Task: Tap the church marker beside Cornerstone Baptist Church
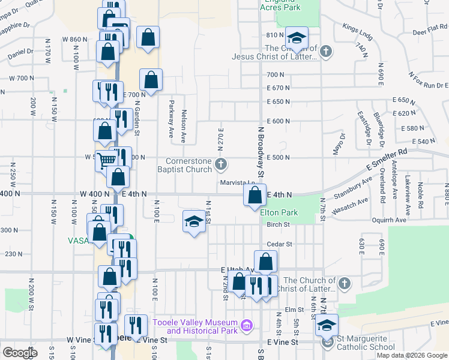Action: (x=221, y=164)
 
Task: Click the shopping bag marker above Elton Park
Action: (x=255, y=194)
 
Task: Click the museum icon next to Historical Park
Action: (x=246, y=326)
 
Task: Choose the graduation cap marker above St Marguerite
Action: (x=327, y=325)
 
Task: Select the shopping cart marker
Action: (x=106, y=160)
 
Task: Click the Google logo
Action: (x=19, y=353)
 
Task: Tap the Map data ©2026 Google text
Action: (x=412, y=355)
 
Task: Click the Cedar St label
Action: (x=279, y=244)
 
